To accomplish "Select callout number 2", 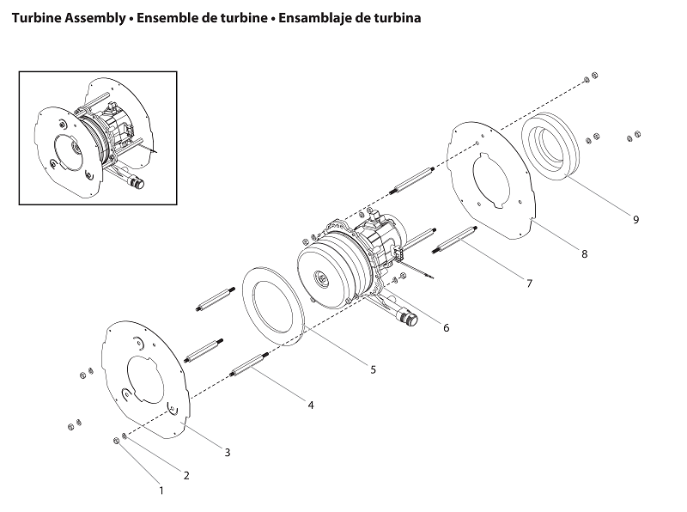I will coord(186,475).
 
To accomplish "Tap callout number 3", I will coord(227,452).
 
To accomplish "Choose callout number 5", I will coord(373,369).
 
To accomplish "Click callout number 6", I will coord(446,327).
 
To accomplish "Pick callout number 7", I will coord(529,283).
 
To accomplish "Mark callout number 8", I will coord(584,254).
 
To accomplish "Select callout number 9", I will coord(635,220).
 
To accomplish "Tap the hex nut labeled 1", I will coord(116,441).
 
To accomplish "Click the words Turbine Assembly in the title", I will coord(65,17).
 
